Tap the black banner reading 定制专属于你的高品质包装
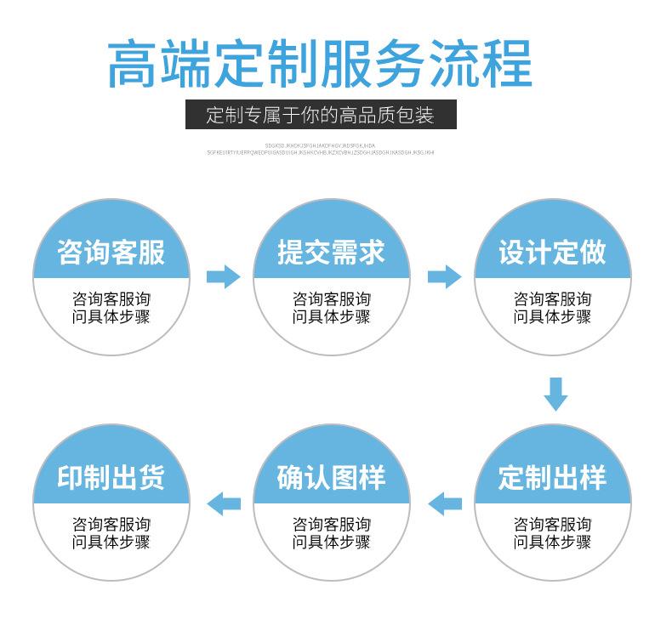[320, 115]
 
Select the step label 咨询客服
[111, 252]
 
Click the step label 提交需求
[331, 252]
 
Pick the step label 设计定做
[552, 252]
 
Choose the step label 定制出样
[552, 477]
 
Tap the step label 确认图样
[331, 477]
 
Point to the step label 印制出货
[111, 477]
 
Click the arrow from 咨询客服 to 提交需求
[223, 276]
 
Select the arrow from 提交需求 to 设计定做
[443, 276]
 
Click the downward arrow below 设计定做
[555, 393]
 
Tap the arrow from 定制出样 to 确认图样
[444, 503]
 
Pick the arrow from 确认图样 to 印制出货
[225, 503]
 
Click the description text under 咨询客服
[111, 308]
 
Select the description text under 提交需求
[331, 308]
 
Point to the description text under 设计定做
[552, 308]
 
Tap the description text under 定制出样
[552, 533]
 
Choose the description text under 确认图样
[331, 533]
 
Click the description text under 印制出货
[111, 533]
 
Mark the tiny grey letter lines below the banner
[320, 149]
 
